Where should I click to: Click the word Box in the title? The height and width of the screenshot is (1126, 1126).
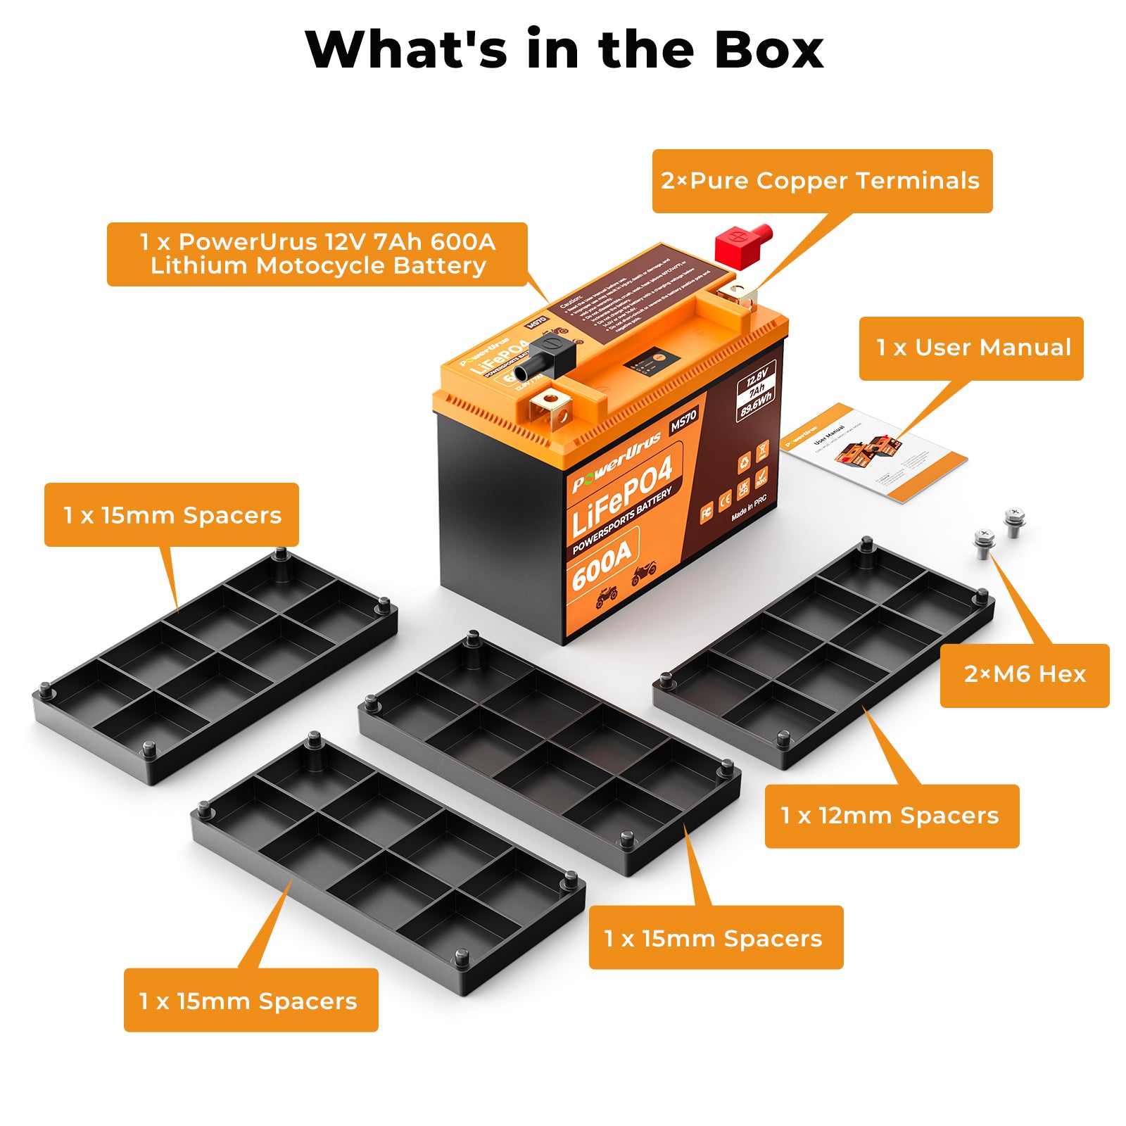click(x=768, y=50)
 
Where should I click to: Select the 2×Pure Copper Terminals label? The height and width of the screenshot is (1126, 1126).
click(x=821, y=181)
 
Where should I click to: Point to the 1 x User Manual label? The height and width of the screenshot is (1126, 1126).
click(x=970, y=348)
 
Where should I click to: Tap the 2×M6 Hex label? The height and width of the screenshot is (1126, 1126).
click(x=1024, y=675)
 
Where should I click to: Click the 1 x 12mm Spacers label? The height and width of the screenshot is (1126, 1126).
click(x=891, y=816)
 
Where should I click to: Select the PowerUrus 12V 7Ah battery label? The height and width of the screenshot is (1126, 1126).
click(x=317, y=254)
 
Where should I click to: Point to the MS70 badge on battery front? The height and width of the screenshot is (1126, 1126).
click(x=682, y=421)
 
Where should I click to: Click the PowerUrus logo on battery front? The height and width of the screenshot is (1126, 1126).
click(x=616, y=461)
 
